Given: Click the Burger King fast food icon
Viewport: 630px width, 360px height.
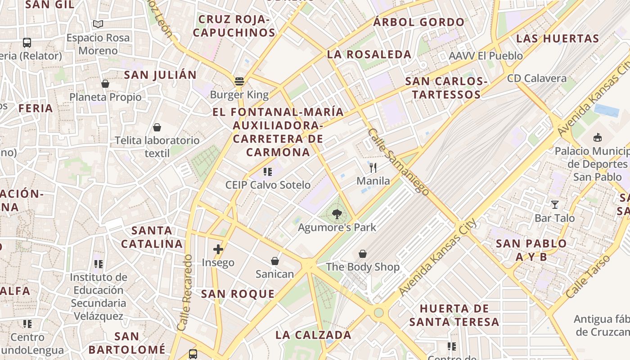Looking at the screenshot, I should click(x=239, y=81).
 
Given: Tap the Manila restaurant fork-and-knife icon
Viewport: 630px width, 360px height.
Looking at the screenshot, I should click(x=373, y=168).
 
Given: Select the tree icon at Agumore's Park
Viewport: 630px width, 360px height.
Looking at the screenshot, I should click(x=337, y=214).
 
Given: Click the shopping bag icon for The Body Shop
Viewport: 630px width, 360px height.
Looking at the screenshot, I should click(x=362, y=254).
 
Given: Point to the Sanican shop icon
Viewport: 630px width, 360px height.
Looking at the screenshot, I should click(x=274, y=261).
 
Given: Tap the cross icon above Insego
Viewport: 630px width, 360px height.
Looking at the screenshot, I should click(x=218, y=249).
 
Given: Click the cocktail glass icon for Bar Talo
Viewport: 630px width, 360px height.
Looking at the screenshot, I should click(x=554, y=205).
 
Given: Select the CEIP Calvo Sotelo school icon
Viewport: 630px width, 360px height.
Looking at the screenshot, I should click(x=268, y=171).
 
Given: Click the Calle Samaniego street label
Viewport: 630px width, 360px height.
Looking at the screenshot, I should click(x=398, y=162).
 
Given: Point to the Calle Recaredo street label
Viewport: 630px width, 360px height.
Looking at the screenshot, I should click(x=185, y=293).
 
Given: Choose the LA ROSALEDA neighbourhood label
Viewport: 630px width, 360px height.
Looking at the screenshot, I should click(x=369, y=54).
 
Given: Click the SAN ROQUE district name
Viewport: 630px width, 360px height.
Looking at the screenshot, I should click(x=238, y=294).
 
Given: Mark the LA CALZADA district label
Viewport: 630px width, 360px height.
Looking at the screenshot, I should click(x=313, y=335).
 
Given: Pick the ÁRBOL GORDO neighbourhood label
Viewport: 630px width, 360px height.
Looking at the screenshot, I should click(x=419, y=22).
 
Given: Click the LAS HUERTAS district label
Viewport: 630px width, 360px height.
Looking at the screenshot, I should click(x=558, y=38).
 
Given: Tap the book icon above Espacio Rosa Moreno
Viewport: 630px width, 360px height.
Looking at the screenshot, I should click(x=98, y=24).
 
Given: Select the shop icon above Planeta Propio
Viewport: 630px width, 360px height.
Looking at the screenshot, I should click(x=105, y=84).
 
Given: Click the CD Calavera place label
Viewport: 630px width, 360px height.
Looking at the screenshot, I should click(x=537, y=78).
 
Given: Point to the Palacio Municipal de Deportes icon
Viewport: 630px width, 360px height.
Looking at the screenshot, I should click(x=598, y=137).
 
